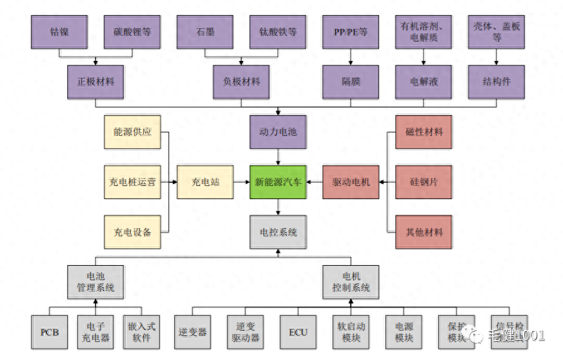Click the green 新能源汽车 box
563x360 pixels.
[278, 182]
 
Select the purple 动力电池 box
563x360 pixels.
[278, 132]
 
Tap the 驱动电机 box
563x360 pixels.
[351, 182]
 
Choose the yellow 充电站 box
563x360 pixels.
[205, 182]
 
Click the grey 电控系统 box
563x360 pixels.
[278, 232]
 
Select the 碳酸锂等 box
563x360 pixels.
[132, 31]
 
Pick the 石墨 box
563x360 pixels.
[205, 31]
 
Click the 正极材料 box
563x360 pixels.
[96, 82]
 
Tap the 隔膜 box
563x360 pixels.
[351, 82]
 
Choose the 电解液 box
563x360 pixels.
[424, 82]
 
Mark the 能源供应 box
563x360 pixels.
[132, 132]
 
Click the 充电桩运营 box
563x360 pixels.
[132, 182]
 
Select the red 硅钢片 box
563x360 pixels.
[424, 182]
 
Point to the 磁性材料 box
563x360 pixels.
[424, 132]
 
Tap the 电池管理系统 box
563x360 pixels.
[96, 281]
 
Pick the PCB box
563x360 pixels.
[50, 332]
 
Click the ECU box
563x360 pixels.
[298, 332]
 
